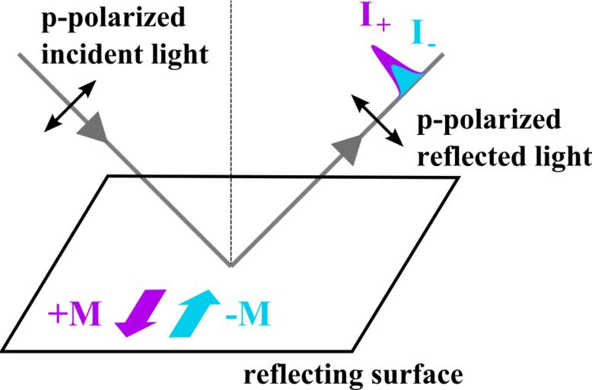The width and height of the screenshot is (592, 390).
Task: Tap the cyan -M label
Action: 247,312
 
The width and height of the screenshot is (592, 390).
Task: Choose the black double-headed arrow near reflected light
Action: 376,119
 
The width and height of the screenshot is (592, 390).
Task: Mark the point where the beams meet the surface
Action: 231,266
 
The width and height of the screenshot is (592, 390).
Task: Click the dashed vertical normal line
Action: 231,114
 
